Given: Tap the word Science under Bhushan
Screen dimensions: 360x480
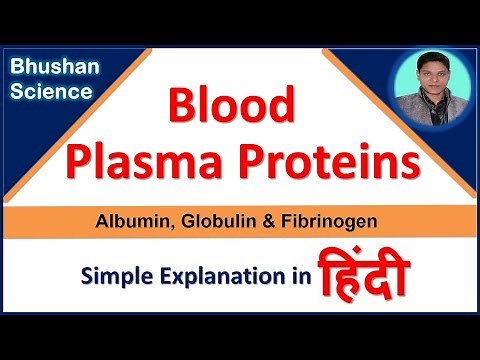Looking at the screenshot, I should pos(51,92).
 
